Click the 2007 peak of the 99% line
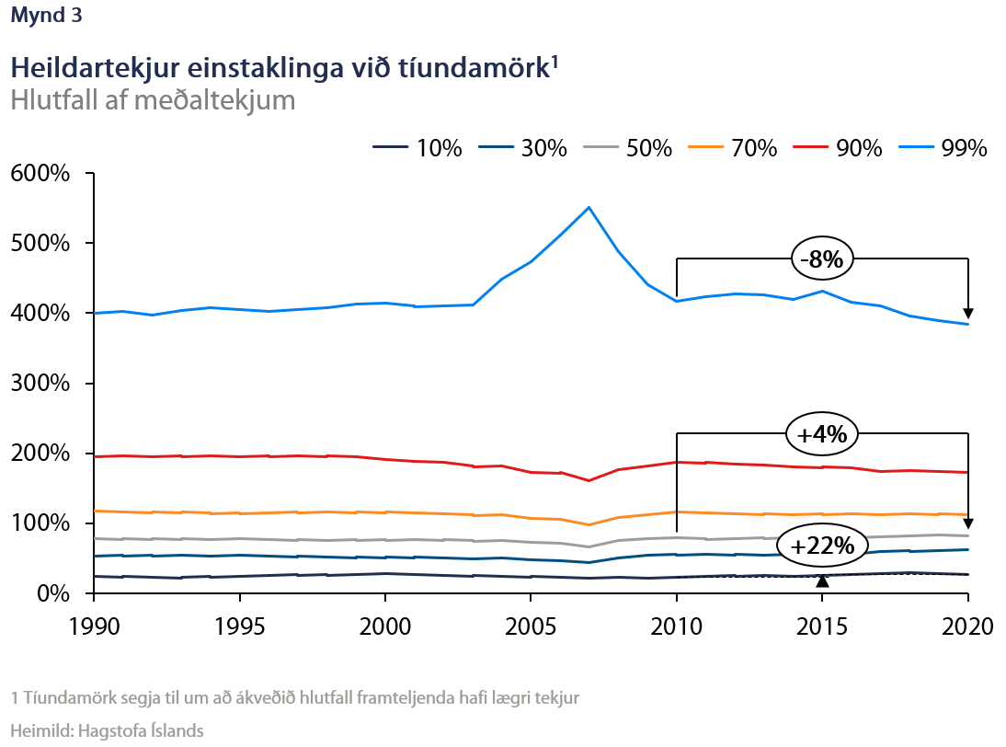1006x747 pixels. tap(589, 207)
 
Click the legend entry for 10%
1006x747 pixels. tap(418, 147)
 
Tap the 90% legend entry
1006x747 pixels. tap(842, 147)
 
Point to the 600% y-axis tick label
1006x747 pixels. tap(40, 174)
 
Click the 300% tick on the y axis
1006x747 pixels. tap(40, 384)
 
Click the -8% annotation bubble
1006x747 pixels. tap(821, 259)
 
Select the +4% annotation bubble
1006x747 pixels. tap(821, 434)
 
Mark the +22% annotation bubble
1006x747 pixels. tap(821, 546)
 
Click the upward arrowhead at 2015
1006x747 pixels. tap(823, 580)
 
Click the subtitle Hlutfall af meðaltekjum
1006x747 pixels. tap(153, 99)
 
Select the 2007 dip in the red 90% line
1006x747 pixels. tap(589, 480)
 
